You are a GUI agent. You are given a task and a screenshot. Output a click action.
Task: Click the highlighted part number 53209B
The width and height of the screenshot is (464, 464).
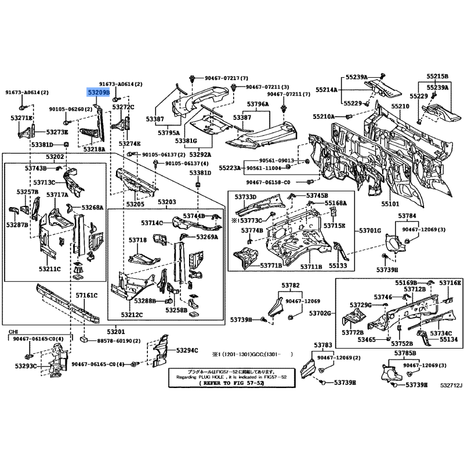point(98,92)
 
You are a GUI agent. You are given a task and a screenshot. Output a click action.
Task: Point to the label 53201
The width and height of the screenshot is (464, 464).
point(115,331)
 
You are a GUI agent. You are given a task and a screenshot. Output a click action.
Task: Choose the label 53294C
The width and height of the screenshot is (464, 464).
point(187,350)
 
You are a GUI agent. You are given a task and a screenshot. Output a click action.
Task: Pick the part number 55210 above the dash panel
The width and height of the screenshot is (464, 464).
point(400,107)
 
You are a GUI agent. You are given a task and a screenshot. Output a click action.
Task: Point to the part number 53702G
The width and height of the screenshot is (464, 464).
point(320,313)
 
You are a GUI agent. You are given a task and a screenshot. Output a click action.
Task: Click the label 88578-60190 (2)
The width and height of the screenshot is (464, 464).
point(118,342)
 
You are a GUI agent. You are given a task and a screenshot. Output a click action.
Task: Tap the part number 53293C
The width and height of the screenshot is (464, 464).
point(26,366)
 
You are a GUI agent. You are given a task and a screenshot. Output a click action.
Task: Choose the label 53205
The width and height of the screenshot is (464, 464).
point(135,204)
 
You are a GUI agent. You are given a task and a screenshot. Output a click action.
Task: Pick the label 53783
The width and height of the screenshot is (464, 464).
point(325,345)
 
